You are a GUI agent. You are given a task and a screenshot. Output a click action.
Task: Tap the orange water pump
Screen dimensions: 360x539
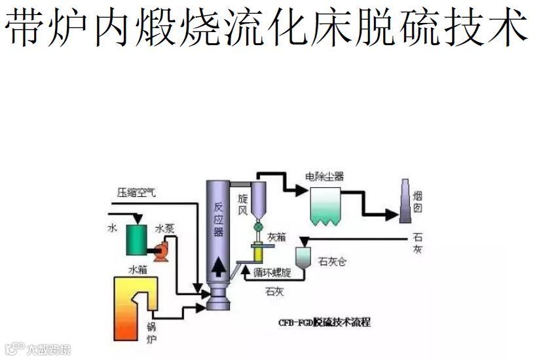point(159,249)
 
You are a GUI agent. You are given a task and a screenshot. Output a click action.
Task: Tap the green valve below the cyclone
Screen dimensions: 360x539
point(257,226)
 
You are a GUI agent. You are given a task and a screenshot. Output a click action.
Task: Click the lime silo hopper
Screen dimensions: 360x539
point(303,257)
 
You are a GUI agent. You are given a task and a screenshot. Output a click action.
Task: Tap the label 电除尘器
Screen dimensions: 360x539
point(324,177)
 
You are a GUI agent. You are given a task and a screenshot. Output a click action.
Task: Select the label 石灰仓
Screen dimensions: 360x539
point(333,262)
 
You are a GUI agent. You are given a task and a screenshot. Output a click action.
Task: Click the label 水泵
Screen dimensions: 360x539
point(164,230)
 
